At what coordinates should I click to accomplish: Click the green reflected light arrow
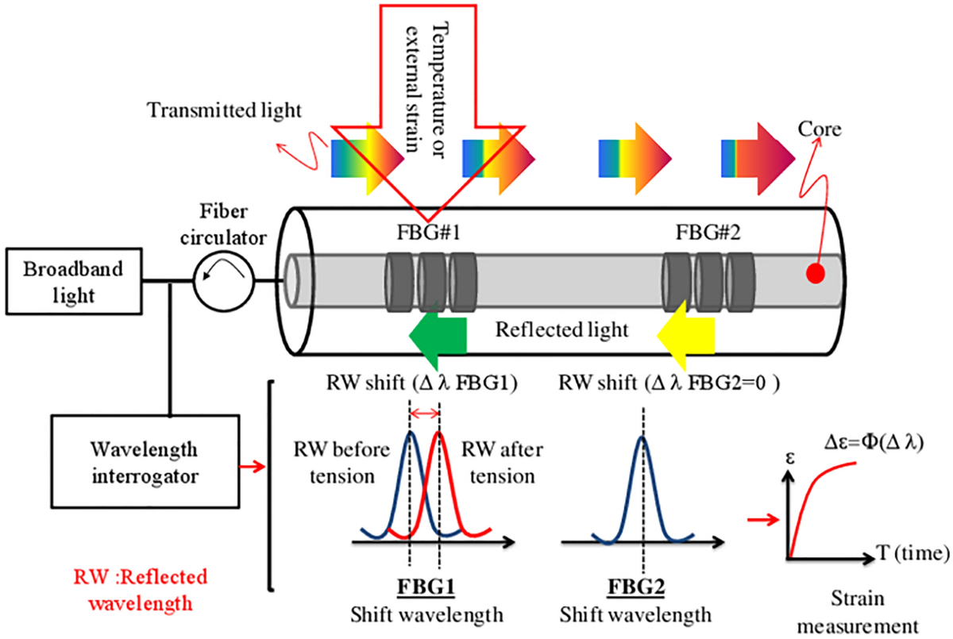436,332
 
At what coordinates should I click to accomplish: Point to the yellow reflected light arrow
685,332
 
